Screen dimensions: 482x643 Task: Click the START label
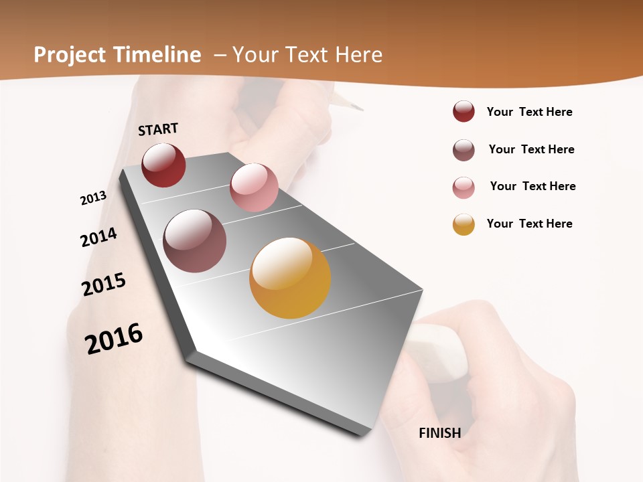[x=158, y=129]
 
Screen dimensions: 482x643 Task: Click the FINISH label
[x=439, y=433]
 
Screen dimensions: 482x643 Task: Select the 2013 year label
[x=93, y=197]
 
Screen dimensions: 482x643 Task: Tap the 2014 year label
[x=98, y=237]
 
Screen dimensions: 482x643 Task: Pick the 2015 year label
[x=104, y=285]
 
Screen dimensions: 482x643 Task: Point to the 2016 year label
[x=114, y=339]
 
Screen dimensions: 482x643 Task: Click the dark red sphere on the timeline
[x=163, y=165]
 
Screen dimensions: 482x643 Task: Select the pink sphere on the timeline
[x=254, y=187]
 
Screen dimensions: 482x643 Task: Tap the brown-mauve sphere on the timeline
[x=195, y=241]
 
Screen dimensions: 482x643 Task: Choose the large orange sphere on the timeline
[x=290, y=278]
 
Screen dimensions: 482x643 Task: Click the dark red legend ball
[x=463, y=111]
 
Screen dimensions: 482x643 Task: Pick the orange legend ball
[x=463, y=224]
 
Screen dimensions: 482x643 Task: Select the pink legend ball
[x=463, y=187]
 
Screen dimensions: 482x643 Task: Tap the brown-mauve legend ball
[x=463, y=150]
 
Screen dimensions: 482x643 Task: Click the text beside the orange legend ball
[x=529, y=224]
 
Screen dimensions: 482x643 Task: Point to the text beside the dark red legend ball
[x=529, y=112]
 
